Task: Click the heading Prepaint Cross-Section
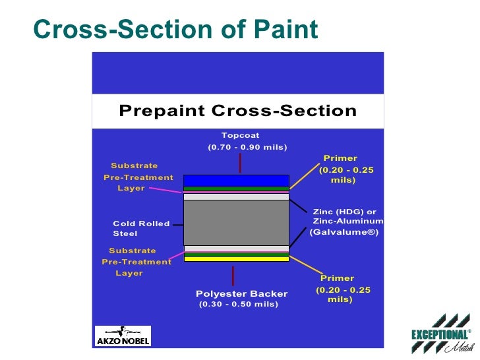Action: click(x=237, y=111)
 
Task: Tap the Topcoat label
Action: click(x=240, y=135)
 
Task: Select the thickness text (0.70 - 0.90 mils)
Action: click(x=247, y=146)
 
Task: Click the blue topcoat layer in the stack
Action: click(x=236, y=181)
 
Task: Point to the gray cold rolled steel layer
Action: click(x=236, y=223)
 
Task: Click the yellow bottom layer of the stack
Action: click(x=236, y=259)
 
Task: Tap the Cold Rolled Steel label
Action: click(x=141, y=229)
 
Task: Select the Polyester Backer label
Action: click(x=241, y=293)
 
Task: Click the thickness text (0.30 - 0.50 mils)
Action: click(x=238, y=304)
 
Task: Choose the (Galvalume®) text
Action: click(x=344, y=232)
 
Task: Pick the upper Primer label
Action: click(x=340, y=158)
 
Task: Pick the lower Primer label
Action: click(x=337, y=278)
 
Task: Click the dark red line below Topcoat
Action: click(x=240, y=163)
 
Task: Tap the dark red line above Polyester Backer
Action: click(x=233, y=276)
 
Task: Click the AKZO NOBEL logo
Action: click(x=123, y=336)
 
